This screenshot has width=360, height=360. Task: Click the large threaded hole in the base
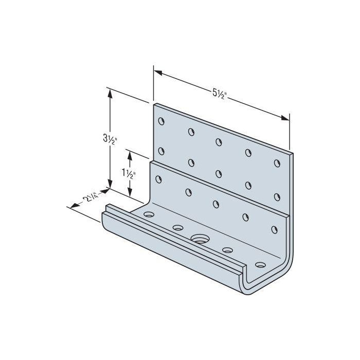coord(199,239)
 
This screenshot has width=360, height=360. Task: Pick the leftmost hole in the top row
coord(161,122)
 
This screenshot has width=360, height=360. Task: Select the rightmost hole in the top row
coord(277,164)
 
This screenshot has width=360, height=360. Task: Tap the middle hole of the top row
coord(219,141)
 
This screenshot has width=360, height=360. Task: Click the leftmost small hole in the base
coord(149,213)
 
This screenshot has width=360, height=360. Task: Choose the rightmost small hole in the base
coord(260,266)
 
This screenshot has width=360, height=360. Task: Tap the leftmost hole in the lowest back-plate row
coord(158,178)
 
